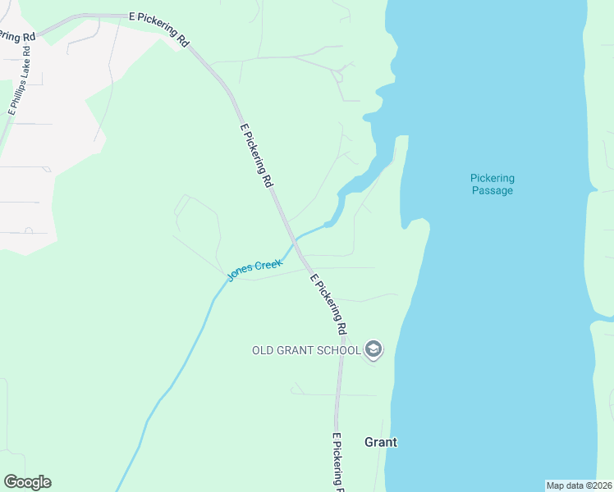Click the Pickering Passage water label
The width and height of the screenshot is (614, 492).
tap(493, 184)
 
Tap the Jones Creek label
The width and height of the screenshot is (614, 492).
tap(255, 270)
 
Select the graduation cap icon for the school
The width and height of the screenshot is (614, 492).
tap(373, 350)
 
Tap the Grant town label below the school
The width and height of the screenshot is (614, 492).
tap(381, 442)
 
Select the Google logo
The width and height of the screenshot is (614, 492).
tap(27, 482)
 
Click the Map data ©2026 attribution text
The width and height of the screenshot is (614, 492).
tap(580, 485)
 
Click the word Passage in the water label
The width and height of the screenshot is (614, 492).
tap(493, 191)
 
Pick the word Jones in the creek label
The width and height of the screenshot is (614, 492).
tap(241, 275)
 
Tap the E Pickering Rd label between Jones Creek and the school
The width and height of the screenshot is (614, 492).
tap(328, 304)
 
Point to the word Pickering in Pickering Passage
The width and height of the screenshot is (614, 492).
tap(493, 178)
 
